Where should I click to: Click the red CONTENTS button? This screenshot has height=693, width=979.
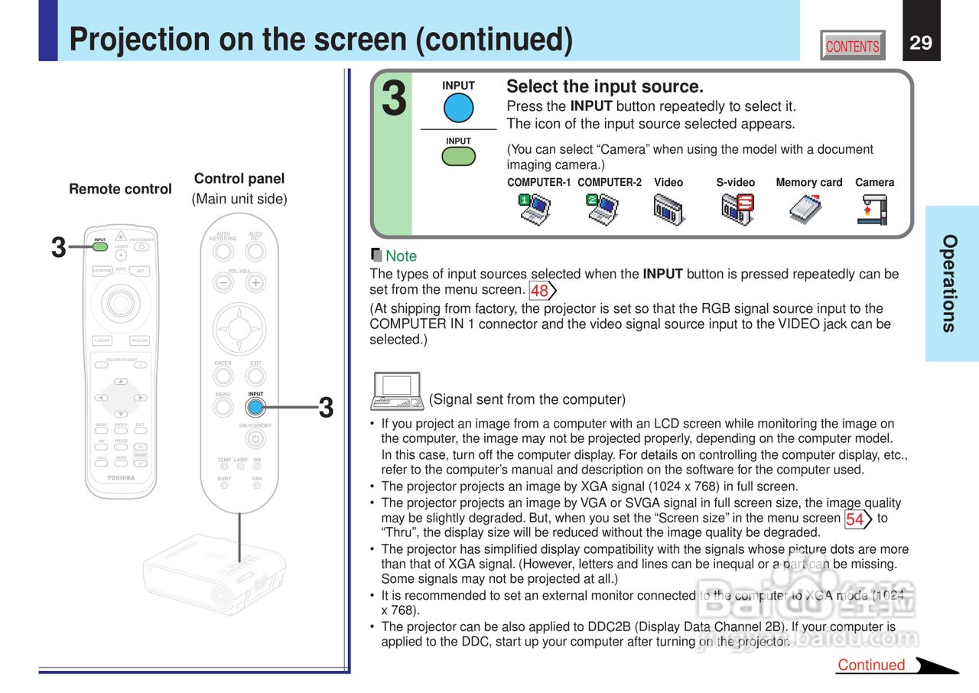point(852,46)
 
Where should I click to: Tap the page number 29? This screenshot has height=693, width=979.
point(921,43)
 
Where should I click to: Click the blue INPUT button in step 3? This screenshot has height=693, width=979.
point(458,108)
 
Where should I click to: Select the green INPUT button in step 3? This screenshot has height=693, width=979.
point(458,156)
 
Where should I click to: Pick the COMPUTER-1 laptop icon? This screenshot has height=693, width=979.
point(534,209)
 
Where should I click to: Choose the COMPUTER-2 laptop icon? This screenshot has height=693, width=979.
point(603,209)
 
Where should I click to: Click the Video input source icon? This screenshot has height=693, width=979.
point(668,209)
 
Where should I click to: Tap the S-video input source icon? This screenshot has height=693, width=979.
point(737,209)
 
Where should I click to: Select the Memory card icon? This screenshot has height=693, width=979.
point(805,209)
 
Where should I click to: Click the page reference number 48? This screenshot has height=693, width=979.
point(541,291)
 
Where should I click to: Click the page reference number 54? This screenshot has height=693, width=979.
point(857,519)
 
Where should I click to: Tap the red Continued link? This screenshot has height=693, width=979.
point(871,665)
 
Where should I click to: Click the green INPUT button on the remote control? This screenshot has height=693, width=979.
point(100,246)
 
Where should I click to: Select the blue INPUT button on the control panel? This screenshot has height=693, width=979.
point(255,408)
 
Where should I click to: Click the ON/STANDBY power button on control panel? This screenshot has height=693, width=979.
point(255,439)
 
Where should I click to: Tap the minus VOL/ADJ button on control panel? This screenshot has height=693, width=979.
point(223,282)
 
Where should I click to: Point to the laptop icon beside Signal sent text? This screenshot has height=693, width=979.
point(396,391)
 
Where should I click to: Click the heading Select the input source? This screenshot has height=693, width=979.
point(604,86)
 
